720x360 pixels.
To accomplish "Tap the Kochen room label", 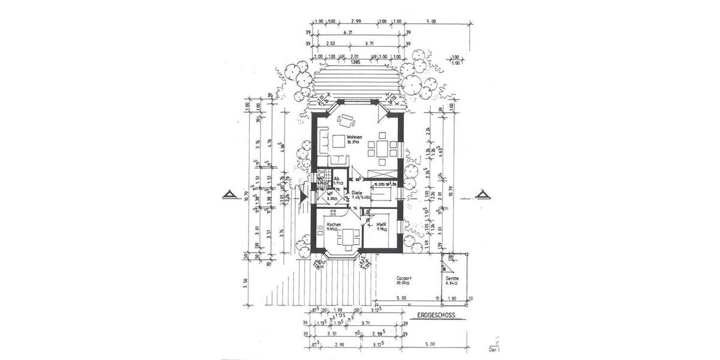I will click(334, 225).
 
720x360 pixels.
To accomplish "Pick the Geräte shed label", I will click(453, 279).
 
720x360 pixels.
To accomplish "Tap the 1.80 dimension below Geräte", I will click(453, 298).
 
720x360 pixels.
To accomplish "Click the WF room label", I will click(330, 194).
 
